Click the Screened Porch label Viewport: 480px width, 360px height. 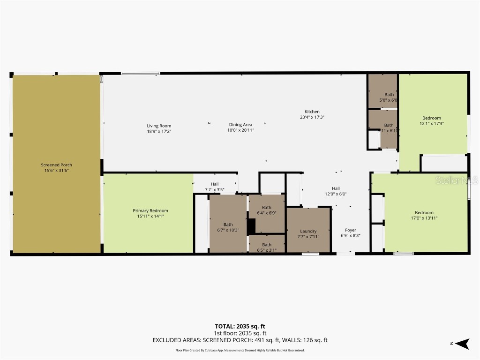click(x=56, y=165)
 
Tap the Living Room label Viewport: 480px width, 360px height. click(x=159, y=126)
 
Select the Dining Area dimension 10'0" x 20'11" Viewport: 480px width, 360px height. click(x=240, y=130)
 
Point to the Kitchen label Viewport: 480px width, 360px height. click(x=312, y=112)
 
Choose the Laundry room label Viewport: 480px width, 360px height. click(x=308, y=231)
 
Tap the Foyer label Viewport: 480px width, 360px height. click(x=350, y=230)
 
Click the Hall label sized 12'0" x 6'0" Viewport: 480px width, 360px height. click(x=336, y=188)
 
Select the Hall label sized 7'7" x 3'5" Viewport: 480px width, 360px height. click(x=214, y=184)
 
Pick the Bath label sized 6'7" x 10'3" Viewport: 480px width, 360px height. click(x=228, y=225)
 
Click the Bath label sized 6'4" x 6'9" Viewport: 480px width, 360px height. click(x=266, y=208)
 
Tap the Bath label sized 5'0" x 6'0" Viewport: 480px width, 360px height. click(x=389, y=95)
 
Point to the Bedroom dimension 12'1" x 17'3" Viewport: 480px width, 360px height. click(x=431, y=124)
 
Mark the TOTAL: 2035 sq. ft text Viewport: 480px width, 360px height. click(x=240, y=326)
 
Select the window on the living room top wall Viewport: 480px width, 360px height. click(x=140, y=73)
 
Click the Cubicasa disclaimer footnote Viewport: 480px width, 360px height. click(x=240, y=350)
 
